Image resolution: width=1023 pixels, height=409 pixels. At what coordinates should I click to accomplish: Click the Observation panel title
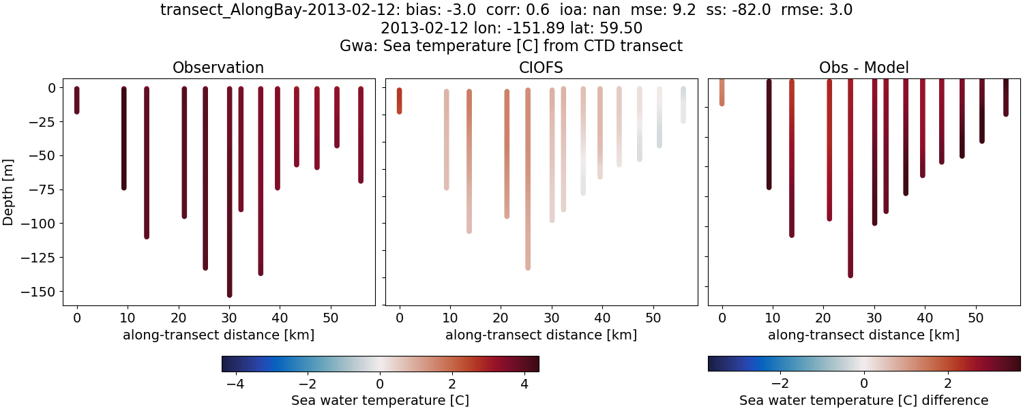coord(218,67)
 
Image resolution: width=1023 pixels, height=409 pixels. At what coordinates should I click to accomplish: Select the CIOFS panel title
coord(541,67)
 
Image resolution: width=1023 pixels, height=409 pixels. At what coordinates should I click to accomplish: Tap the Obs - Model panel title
coord(863,67)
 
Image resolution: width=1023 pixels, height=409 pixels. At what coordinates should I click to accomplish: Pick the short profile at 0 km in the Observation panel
coord(76,100)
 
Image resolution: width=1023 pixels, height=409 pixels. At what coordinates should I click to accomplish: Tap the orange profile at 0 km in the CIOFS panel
coord(399,101)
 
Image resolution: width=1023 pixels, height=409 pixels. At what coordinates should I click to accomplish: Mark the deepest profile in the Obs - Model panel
coord(850,184)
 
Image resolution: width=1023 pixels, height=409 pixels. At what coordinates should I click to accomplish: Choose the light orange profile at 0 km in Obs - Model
coord(722,92)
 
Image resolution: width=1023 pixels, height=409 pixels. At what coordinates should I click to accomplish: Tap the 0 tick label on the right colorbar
coord(864,382)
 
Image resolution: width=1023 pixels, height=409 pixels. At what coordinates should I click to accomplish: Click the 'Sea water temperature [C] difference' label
coord(863,400)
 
